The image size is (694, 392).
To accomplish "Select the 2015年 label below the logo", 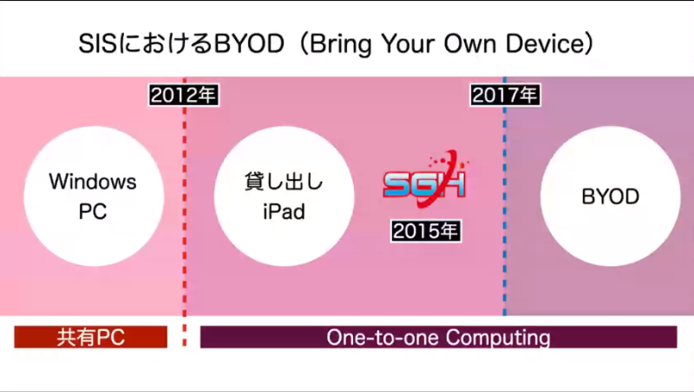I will coord(426,231).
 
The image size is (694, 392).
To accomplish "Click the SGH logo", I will coord(425,185).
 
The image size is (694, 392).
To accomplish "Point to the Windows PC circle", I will coord(92,196).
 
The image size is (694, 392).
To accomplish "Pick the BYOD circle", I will coord(610,196).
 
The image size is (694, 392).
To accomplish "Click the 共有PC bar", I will coord(90,337).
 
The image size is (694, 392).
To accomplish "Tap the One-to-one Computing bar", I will coord(438,337).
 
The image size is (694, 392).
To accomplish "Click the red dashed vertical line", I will coord(185,217).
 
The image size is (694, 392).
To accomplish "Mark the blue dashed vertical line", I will coord(505,217).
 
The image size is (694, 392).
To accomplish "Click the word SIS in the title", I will coord(96,43).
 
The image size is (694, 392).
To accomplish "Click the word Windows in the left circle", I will coord(92,183).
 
